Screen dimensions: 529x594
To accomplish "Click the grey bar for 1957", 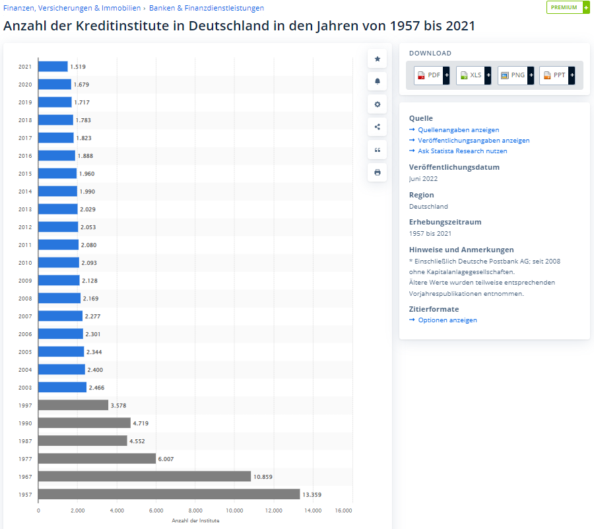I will (169, 494).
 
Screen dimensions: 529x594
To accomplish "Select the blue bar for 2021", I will (53, 67).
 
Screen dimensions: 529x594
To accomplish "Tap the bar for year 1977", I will (97, 458).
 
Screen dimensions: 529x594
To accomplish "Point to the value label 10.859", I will (264, 476).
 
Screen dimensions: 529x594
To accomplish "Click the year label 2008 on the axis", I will (25, 299).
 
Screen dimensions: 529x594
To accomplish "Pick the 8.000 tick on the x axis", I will (195, 511).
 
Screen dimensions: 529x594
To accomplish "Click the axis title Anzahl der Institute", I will (195, 520).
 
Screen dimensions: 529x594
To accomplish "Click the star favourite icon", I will (378, 59).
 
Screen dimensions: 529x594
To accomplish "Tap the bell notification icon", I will (378, 81).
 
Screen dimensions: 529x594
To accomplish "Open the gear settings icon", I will (378, 104).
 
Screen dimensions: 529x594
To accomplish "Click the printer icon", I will (378, 172).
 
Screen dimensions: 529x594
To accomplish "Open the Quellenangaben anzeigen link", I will (458, 130).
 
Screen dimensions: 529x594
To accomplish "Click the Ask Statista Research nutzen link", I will (462, 151).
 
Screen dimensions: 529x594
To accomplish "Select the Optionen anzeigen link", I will (447, 320).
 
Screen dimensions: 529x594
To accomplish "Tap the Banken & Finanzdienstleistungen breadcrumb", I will (207, 8).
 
